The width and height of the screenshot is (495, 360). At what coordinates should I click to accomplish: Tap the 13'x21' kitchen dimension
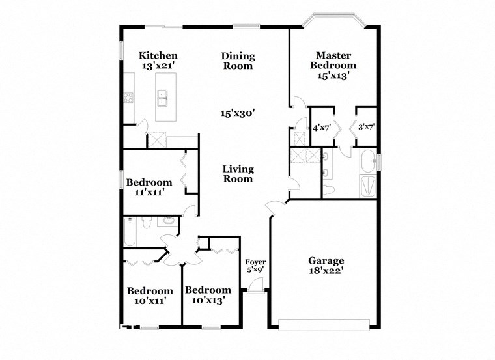coord(159,66)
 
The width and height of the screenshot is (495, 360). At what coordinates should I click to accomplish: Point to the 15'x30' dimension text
coord(238,113)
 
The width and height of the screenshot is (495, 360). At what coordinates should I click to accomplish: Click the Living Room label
coord(238,173)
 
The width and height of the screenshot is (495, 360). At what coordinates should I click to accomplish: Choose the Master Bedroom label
coord(333,61)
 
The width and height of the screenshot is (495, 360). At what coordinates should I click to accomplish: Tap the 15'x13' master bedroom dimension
coord(333,76)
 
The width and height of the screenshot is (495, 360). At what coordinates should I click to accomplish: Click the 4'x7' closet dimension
coord(322,127)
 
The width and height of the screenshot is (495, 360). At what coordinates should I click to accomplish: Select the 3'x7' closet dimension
coord(366,127)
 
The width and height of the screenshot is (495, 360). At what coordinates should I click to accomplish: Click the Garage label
coord(326,261)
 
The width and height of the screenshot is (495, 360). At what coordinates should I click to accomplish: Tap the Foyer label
coord(255,261)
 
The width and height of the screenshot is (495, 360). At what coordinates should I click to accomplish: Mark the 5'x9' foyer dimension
coord(255,269)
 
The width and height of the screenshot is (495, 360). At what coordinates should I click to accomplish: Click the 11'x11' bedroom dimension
coord(149,192)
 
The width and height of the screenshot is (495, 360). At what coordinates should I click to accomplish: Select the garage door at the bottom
coord(324,323)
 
